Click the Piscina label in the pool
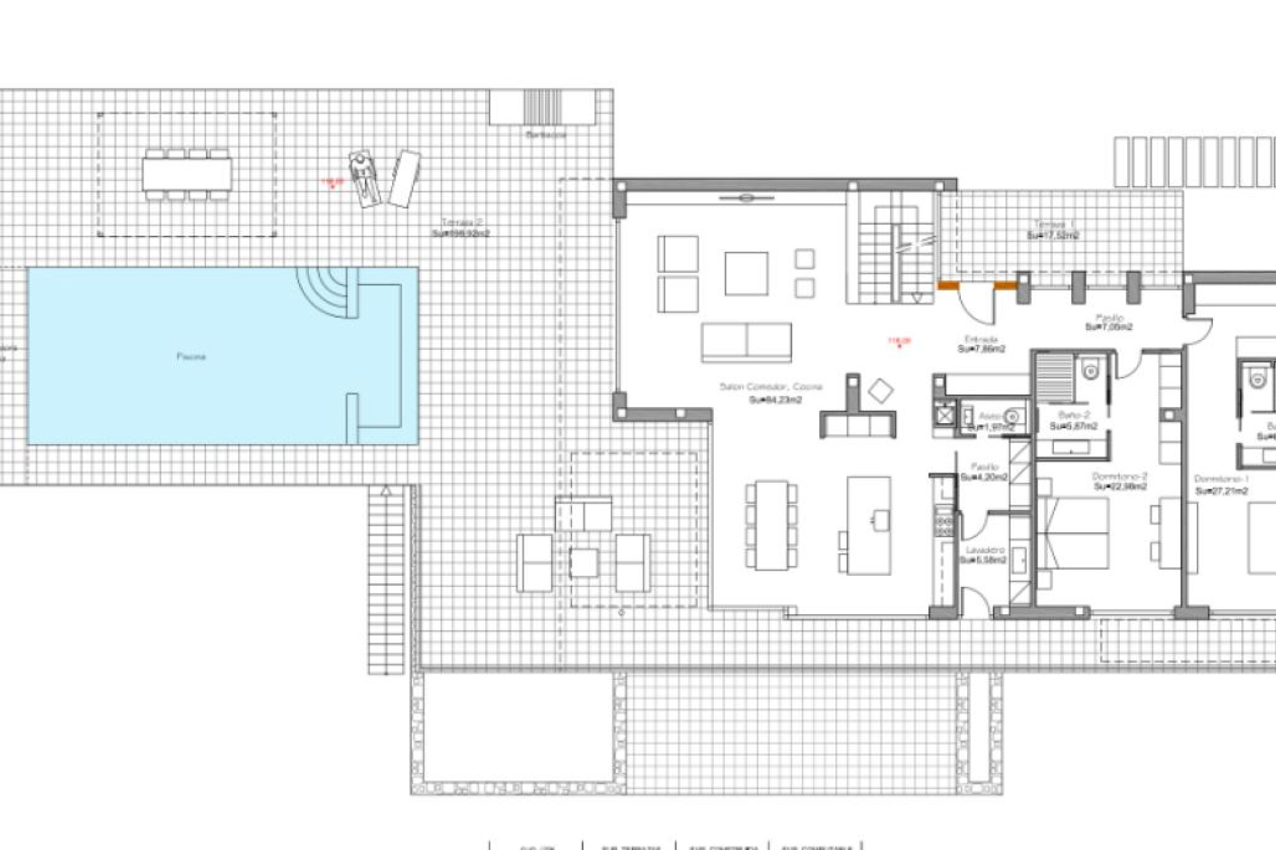click(191, 357)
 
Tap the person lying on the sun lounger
click(362, 176)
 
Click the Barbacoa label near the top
click(546, 135)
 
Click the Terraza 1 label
click(1053, 224)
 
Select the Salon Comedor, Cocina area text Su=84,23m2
click(775, 400)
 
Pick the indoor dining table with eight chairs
click(771, 525)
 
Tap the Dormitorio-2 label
click(1120, 477)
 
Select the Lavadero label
click(985, 551)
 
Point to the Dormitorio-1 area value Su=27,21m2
click(1222, 491)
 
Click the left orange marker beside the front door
click(948, 286)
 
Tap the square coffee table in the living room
click(746, 273)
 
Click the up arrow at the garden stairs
click(385, 492)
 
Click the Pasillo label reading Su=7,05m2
click(1109, 327)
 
